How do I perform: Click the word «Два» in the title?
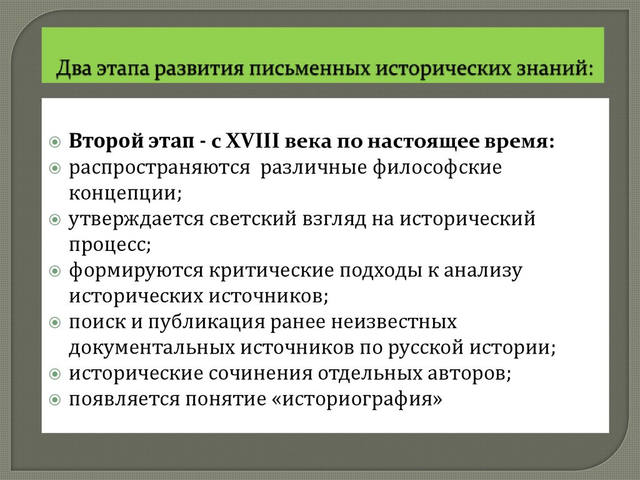click(74, 67)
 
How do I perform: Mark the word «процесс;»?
click(110, 245)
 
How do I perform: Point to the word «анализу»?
click(481, 270)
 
